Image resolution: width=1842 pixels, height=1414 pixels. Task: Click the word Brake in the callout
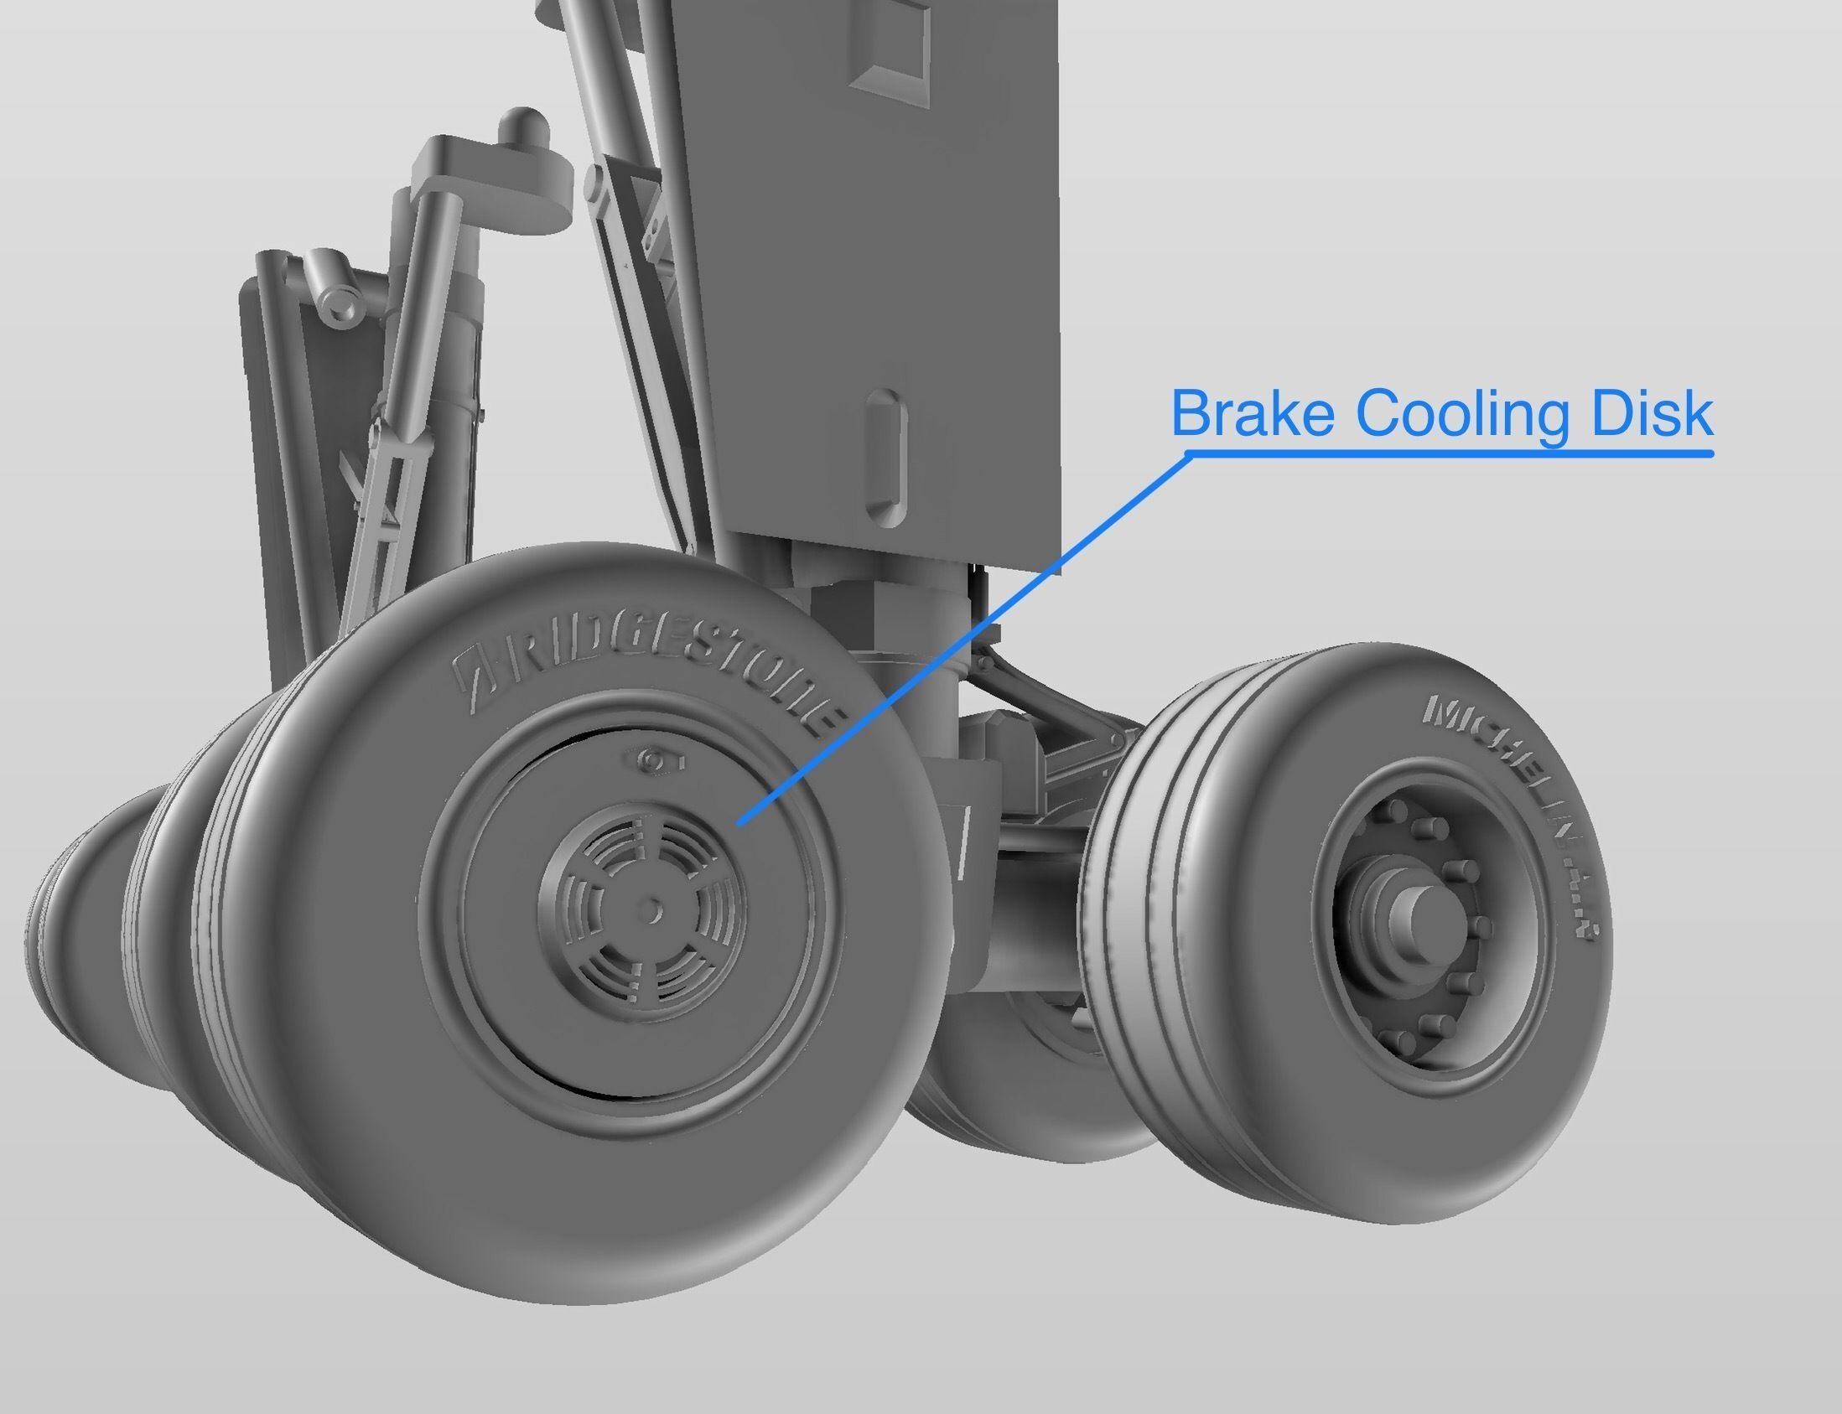coord(1253,413)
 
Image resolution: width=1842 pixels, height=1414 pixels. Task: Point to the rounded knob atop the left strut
coord(525,125)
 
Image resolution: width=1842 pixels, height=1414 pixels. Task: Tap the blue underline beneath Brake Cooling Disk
coord(1448,453)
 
